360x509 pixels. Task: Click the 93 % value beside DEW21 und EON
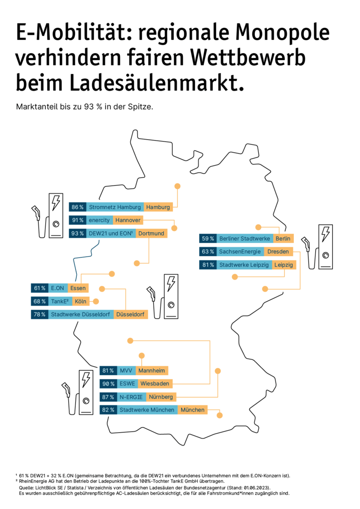(x=77, y=234)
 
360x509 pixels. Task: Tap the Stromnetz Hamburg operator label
(x=115, y=207)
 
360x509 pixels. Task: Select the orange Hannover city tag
(x=128, y=220)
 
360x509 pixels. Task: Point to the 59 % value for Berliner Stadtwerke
(x=208, y=238)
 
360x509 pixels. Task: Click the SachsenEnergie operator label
(x=240, y=251)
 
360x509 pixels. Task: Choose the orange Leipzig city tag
(x=283, y=264)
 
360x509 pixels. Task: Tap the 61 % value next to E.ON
(x=39, y=288)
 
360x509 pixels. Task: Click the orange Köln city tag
(x=80, y=301)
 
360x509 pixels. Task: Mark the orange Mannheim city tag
(x=151, y=370)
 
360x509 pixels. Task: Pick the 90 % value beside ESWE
(x=108, y=384)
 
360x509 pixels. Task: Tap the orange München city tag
(x=192, y=410)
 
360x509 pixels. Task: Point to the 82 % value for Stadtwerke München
(x=108, y=410)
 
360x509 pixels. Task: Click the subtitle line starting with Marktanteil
(x=84, y=107)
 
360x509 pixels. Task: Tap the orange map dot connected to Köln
(x=96, y=301)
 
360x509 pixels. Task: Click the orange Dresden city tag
(x=278, y=251)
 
